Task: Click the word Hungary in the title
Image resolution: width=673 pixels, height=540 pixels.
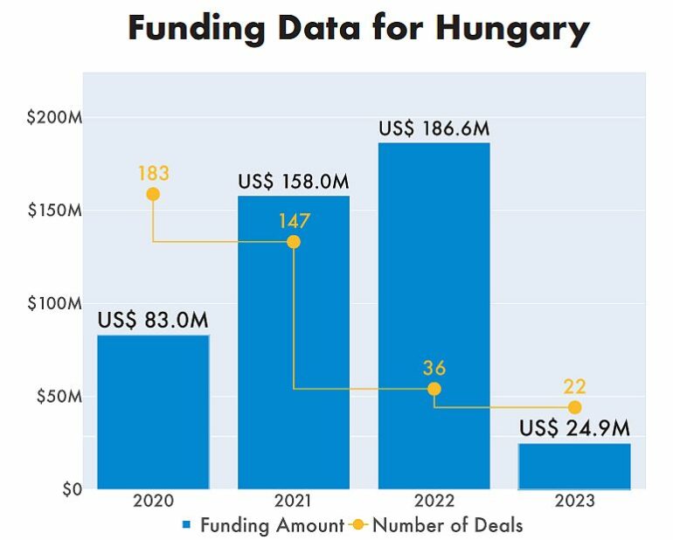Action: (x=512, y=29)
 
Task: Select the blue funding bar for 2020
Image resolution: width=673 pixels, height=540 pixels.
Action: (x=153, y=411)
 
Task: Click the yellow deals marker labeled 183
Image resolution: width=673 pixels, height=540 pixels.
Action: (x=153, y=194)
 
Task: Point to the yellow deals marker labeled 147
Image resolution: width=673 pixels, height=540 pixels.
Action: (x=294, y=241)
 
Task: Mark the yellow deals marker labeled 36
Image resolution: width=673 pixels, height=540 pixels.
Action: (x=434, y=389)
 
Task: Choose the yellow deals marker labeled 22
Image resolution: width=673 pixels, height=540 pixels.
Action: (x=574, y=407)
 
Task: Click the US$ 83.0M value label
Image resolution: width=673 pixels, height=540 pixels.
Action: (x=153, y=321)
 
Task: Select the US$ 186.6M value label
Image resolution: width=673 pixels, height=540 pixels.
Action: (x=434, y=128)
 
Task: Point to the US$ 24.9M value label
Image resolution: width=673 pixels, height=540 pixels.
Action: (x=574, y=429)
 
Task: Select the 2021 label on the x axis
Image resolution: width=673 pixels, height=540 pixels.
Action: (x=294, y=502)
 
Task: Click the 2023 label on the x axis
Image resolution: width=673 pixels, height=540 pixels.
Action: (x=574, y=502)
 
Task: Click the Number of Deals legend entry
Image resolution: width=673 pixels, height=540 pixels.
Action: (x=447, y=525)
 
